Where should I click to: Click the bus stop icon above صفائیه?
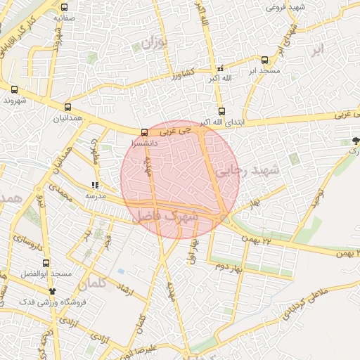64,7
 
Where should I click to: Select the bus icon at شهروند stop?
14,90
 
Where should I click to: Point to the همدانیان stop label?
67,118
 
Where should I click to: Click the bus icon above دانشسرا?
144,131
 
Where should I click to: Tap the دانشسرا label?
145,142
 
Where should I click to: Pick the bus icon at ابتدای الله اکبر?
221,111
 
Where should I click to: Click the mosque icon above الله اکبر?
220,68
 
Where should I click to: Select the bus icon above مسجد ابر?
264,60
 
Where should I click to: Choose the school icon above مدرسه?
94,186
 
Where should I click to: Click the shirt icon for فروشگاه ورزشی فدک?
51,290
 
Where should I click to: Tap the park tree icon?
355,141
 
